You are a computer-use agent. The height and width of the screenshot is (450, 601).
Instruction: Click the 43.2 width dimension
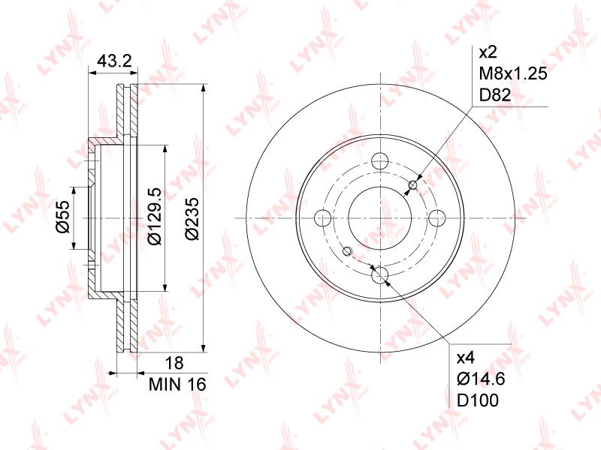click(114, 61)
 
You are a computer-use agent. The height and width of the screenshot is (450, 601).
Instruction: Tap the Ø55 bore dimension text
click(63, 217)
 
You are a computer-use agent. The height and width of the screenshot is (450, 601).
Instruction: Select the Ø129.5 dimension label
click(156, 216)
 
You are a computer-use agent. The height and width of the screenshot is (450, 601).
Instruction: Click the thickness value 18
click(175, 363)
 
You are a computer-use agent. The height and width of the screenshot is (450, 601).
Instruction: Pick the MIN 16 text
click(177, 384)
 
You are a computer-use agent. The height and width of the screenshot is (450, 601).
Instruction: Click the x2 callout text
click(488, 52)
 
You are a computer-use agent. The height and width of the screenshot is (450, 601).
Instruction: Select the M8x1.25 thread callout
click(513, 73)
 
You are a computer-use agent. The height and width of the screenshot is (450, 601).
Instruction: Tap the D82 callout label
click(495, 94)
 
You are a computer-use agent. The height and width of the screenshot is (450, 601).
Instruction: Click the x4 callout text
click(466, 358)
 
